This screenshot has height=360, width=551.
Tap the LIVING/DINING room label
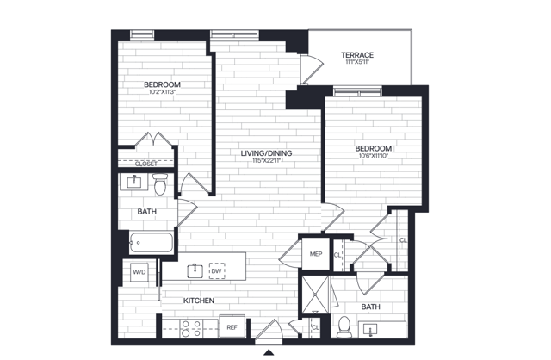[x=266, y=152]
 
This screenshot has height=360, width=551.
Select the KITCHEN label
[x=198, y=301]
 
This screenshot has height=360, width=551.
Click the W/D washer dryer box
[x=139, y=271]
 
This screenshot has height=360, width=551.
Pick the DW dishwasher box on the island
[x=216, y=270]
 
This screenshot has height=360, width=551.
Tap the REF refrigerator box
[x=232, y=327]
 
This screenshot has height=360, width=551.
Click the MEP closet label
[x=315, y=254]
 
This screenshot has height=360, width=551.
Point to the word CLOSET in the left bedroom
[x=145, y=163]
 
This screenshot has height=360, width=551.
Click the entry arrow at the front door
[x=269, y=351]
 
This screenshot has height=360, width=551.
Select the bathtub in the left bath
[x=151, y=243]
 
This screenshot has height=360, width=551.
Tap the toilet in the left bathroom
[x=159, y=182]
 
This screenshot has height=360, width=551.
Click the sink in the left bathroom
[x=135, y=182]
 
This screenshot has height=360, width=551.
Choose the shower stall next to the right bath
[x=316, y=295]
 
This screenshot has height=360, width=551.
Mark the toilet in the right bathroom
[x=344, y=326]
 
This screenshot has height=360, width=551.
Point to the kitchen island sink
[x=195, y=270]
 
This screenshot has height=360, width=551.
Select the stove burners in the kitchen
[x=189, y=327]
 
